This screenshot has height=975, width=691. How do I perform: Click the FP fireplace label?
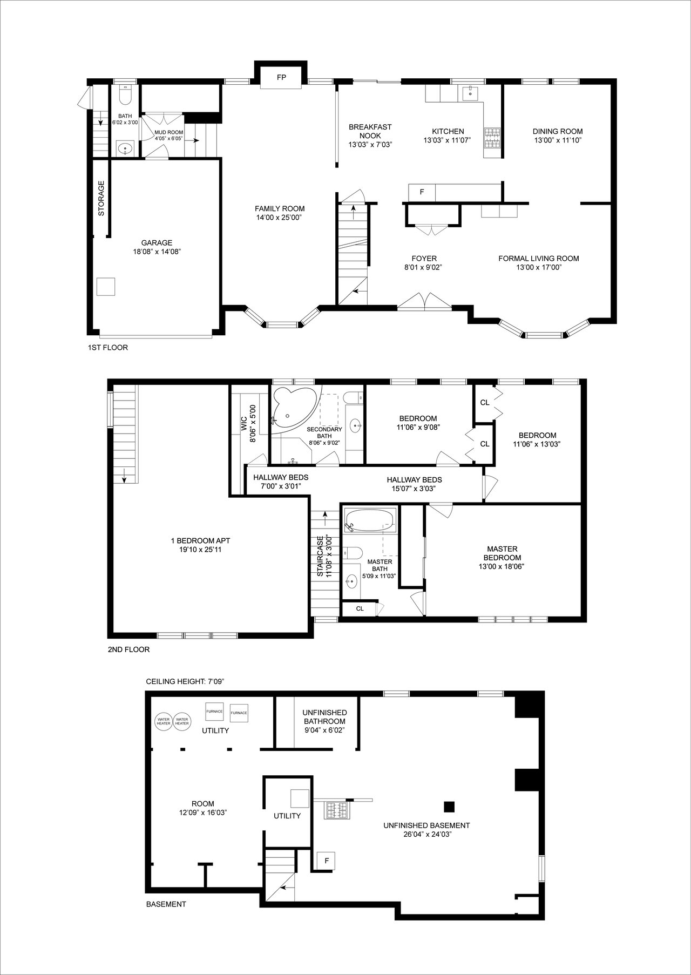tap(281, 77)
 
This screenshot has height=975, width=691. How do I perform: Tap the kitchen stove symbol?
tap(492, 138)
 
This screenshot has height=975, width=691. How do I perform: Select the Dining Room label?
tap(558, 131)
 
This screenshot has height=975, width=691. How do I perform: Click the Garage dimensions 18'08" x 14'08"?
tap(157, 252)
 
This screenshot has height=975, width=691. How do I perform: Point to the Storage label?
tap(101, 198)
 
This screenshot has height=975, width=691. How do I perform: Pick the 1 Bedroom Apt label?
tap(200, 541)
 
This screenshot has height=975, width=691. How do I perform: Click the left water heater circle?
tap(163, 721)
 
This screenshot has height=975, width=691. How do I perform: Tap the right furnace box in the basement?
tap(239, 713)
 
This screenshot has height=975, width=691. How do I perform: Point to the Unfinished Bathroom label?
tap(324, 717)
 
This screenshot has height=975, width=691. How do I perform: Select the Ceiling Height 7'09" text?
tap(185, 681)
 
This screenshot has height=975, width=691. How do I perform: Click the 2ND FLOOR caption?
tap(128, 649)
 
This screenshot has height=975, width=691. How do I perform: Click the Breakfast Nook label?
tap(370, 131)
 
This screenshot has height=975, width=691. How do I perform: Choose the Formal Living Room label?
tap(539, 259)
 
